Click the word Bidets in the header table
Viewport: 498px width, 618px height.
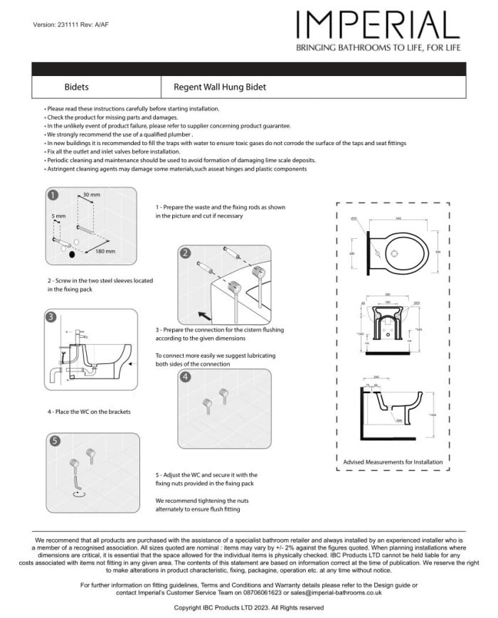tap(77, 87)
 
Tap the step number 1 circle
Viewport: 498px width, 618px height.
tap(52, 194)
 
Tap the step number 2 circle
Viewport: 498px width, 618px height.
tap(185, 253)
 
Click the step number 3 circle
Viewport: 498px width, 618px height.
tap(52, 316)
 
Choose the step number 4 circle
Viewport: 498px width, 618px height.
tap(185, 377)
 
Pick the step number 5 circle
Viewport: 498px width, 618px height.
tap(55, 441)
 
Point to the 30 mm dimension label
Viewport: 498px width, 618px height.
tap(91, 194)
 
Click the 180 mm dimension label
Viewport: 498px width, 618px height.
tap(105, 251)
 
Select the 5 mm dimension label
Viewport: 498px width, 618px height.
tap(58, 215)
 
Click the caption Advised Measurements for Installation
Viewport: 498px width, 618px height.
tap(393, 462)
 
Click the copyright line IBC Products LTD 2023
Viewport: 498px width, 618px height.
tap(249, 608)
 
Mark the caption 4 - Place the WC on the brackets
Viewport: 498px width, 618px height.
tap(89, 412)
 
